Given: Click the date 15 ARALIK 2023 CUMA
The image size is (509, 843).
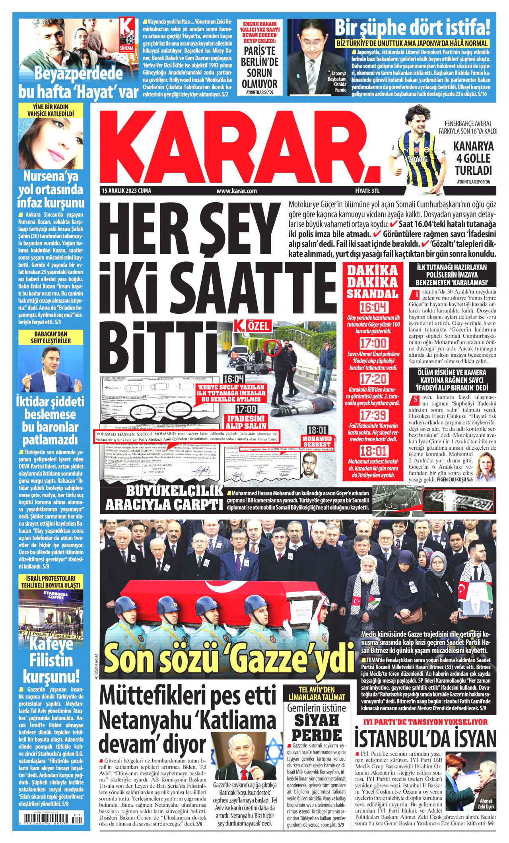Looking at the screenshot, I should point(126,191).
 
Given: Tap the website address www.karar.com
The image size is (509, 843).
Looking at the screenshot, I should point(237,191).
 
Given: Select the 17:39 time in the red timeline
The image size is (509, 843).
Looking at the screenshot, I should point(373,416).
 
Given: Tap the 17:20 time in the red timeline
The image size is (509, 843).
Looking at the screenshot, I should point(373,379).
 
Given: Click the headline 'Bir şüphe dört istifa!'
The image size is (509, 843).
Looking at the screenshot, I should point(412,29).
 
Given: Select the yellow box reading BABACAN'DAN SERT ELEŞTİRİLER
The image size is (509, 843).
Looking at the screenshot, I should point(51,337).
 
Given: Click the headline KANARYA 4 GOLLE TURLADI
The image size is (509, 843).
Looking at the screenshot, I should point(473,158).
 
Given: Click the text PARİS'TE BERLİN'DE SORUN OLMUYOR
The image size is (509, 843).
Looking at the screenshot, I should point(260,68).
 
